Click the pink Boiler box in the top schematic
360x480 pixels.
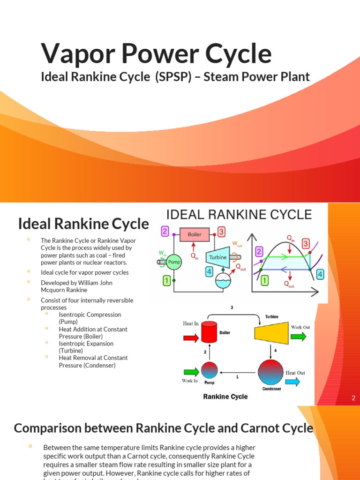pos(195,234)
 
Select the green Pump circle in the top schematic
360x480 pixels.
pos(174,262)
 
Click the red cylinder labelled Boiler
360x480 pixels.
pos(210,332)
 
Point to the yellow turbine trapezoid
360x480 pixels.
pos(271,333)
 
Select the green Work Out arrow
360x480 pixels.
pos(299,336)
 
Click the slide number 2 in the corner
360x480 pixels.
pos(353,398)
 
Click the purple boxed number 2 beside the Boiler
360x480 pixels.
pos(165,231)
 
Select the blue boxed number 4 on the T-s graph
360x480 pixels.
pos(320,274)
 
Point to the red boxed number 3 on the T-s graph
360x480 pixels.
pos(306,243)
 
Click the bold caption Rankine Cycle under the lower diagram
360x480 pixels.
pos(225,397)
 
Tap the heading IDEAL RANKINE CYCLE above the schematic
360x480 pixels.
pos(239,215)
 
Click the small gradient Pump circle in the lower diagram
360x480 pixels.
pos(210,370)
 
